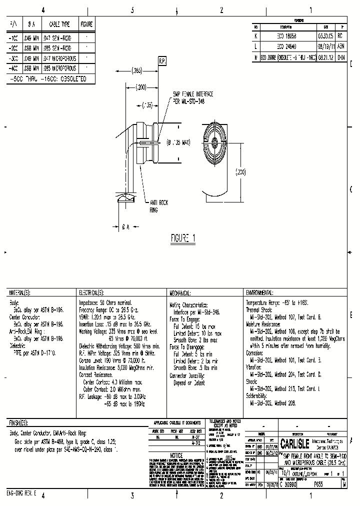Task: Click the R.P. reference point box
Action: (162, 61)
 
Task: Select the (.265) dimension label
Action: (138, 70)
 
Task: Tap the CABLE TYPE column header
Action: (59, 23)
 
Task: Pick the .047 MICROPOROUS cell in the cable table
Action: (59, 58)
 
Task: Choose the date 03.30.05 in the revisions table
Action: (325, 36)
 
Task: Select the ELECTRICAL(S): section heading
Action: (90, 292)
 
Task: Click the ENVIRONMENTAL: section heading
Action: (259, 292)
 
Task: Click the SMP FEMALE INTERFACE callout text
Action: (192, 97)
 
